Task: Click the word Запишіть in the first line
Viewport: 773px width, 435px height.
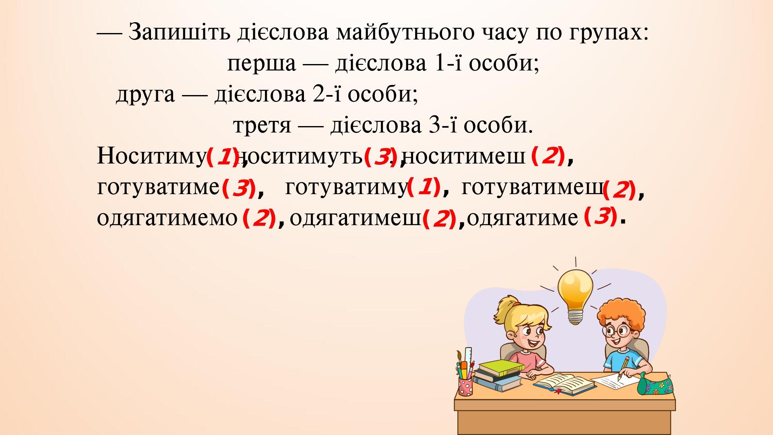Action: coord(180,33)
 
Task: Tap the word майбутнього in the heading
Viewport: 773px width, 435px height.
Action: coord(405,33)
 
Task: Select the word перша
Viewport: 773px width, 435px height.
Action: coord(262,64)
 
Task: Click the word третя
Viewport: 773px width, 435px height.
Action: coord(262,126)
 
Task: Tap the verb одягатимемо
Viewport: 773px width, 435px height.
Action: coord(167,218)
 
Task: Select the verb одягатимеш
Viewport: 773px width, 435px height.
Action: coord(355,218)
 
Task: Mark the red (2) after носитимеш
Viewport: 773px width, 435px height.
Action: coord(548,156)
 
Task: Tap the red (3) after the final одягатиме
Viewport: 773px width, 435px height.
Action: coord(600,217)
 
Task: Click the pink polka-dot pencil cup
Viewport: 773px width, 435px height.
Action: coord(465,386)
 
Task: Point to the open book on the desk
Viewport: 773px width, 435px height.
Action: coord(564,383)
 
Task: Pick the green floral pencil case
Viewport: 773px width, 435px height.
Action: coord(655,383)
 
